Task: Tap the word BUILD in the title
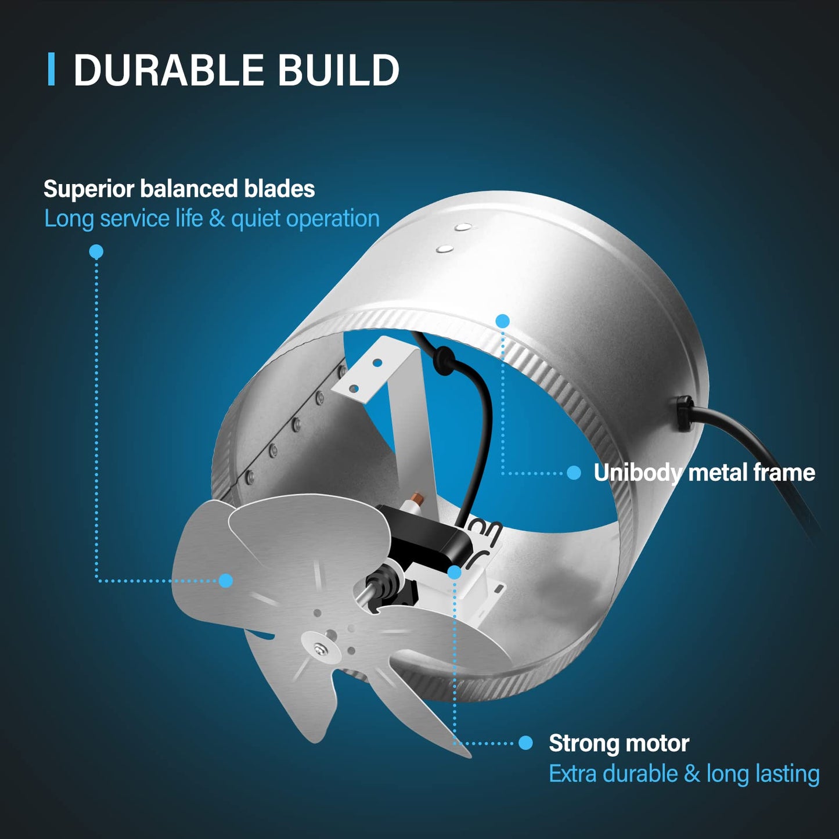(338, 71)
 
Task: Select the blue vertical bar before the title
(51, 70)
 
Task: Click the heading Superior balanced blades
(179, 189)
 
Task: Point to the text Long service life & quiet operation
(212, 219)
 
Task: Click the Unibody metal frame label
(704, 473)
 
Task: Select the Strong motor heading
(619, 743)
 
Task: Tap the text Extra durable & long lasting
(684, 774)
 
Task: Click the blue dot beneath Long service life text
(96, 251)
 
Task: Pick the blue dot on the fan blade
(226, 580)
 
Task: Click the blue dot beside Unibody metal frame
(574, 473)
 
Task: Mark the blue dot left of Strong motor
(525, 743)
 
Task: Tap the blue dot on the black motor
(455, 572)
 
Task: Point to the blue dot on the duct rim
(503, 321)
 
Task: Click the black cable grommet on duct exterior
(683, 412)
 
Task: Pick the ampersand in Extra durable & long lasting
(692, 774)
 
